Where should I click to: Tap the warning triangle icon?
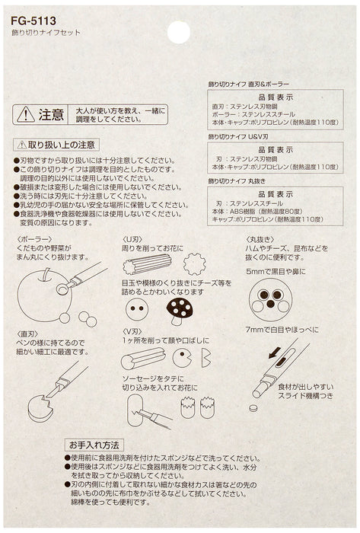coord(25,115)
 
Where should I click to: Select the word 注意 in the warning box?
coord(52,115)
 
